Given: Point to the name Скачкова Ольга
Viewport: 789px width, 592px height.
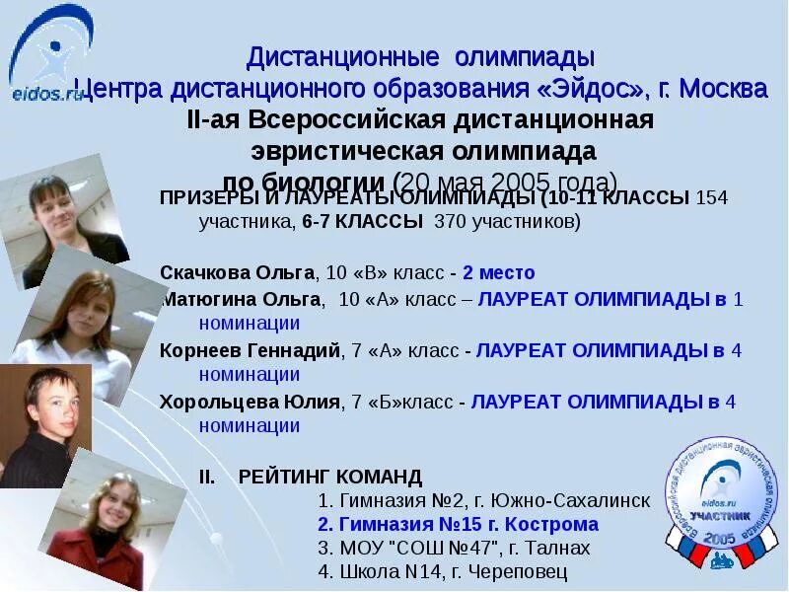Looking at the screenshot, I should coord(238,272).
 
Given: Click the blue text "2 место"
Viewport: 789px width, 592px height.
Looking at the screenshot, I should coord(498,272).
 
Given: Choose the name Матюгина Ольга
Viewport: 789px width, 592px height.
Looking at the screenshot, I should coord(242,298).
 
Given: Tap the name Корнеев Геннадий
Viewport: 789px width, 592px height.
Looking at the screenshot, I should coord(251,349).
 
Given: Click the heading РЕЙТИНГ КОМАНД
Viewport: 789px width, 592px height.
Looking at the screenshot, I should coord(329,476).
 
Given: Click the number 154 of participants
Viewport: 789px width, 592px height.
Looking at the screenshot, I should coord(712,197).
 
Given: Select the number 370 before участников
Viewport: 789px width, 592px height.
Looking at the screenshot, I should coord(450,221).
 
